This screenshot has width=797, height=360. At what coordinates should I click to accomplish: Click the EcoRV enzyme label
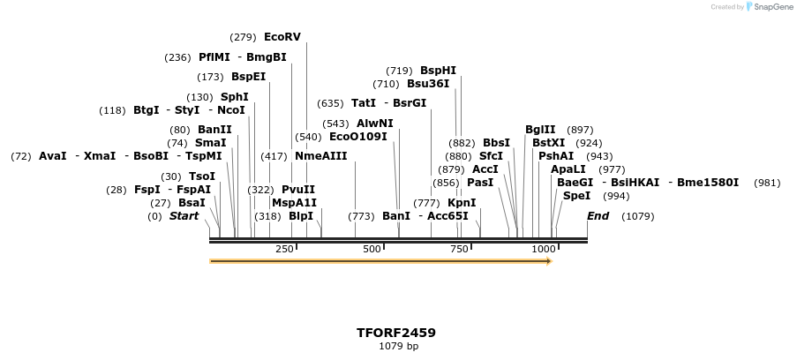282,37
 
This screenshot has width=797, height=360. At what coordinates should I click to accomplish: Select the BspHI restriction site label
438,71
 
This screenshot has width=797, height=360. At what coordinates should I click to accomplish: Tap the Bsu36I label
428,84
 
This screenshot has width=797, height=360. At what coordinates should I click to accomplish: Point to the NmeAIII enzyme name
321,156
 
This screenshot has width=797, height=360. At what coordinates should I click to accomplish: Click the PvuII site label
298,190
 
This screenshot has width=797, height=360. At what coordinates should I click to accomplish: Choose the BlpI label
301,216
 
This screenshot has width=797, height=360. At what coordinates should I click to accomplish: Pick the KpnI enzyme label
462,203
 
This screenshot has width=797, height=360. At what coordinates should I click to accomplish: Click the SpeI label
576,196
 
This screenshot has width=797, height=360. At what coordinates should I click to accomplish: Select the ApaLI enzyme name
568,169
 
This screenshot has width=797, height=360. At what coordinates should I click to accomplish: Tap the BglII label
540,130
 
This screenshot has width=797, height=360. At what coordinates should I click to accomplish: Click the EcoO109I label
357,137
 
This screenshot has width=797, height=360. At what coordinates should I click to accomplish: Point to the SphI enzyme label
234,97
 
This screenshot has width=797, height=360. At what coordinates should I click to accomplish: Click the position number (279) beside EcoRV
243,37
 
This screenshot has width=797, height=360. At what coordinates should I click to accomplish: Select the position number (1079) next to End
639,216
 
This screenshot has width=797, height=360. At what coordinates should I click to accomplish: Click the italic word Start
184,216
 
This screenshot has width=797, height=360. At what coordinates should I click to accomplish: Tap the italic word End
598,216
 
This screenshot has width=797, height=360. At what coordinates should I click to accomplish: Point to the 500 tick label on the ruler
371,250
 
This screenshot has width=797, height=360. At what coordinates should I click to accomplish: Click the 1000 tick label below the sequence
544,250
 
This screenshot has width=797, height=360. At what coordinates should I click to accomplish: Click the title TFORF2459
396,333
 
